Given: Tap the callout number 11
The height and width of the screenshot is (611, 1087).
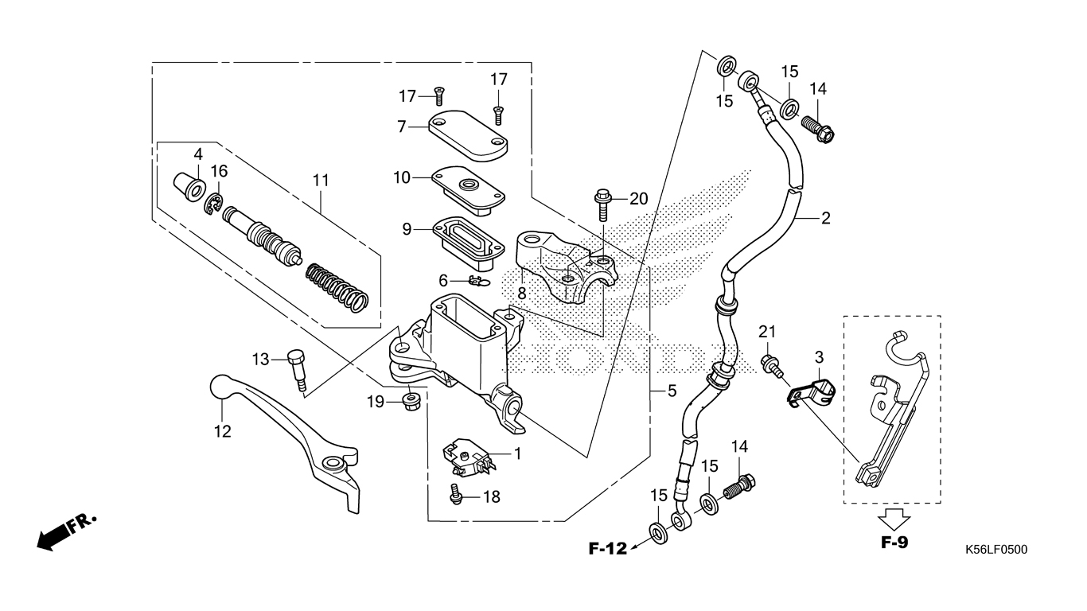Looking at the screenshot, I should [x=320, y=181].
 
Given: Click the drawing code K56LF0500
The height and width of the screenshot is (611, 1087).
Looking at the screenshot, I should [x=995, y=549].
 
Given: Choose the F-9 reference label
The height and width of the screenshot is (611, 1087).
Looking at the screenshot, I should [x=894, y=544].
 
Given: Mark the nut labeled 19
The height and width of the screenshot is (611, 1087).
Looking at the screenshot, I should [x=411, y=399].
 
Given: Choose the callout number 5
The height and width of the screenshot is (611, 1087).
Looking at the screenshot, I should [x=672, y=391].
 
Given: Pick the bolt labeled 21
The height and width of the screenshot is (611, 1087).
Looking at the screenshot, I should [x=772, y=366].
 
